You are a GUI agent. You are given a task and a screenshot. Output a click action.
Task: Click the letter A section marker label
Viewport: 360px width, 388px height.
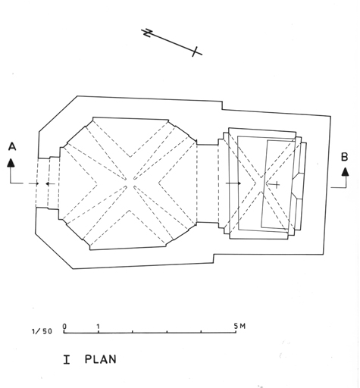pos(12,146)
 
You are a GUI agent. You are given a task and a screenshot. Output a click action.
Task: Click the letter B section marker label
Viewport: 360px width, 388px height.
pos(344,157)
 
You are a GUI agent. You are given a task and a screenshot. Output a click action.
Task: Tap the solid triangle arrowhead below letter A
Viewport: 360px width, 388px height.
pos(11,163)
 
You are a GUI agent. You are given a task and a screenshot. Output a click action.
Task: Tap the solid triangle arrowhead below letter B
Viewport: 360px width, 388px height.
pos(345,172)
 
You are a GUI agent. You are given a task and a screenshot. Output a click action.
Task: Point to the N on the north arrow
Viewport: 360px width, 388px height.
pos(148,33)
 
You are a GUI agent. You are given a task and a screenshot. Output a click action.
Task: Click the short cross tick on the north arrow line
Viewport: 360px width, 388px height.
pos(195,52)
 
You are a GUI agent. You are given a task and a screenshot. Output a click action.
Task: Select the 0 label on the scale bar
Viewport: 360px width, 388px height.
pos(64,327)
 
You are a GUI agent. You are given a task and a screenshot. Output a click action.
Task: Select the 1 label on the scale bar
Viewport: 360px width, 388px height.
pos(99,327)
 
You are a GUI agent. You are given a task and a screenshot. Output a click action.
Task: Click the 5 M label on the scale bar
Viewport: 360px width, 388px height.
pos(239,326)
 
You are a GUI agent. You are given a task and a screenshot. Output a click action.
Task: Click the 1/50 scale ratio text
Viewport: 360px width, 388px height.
pos(42,331)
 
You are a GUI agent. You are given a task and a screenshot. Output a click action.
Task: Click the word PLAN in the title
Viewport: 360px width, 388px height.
pos(101,359)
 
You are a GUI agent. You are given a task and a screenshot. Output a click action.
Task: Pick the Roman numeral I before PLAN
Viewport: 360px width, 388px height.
pos(67,359)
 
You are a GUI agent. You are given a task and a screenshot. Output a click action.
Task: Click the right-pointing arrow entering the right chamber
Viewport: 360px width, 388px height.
pos(233,183)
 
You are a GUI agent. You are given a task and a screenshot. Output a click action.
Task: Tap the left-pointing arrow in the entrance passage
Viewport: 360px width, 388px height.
pos(50,184)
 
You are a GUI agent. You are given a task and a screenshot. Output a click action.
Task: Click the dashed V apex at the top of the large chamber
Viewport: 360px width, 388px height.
pos(130,157)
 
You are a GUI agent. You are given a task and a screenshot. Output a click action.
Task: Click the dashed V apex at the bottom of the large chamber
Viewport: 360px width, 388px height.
pos(130,211)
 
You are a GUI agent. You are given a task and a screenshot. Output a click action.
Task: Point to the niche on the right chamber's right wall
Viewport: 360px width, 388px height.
pos(297,185)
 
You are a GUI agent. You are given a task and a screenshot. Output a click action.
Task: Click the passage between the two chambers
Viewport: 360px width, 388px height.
pos(207,183)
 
